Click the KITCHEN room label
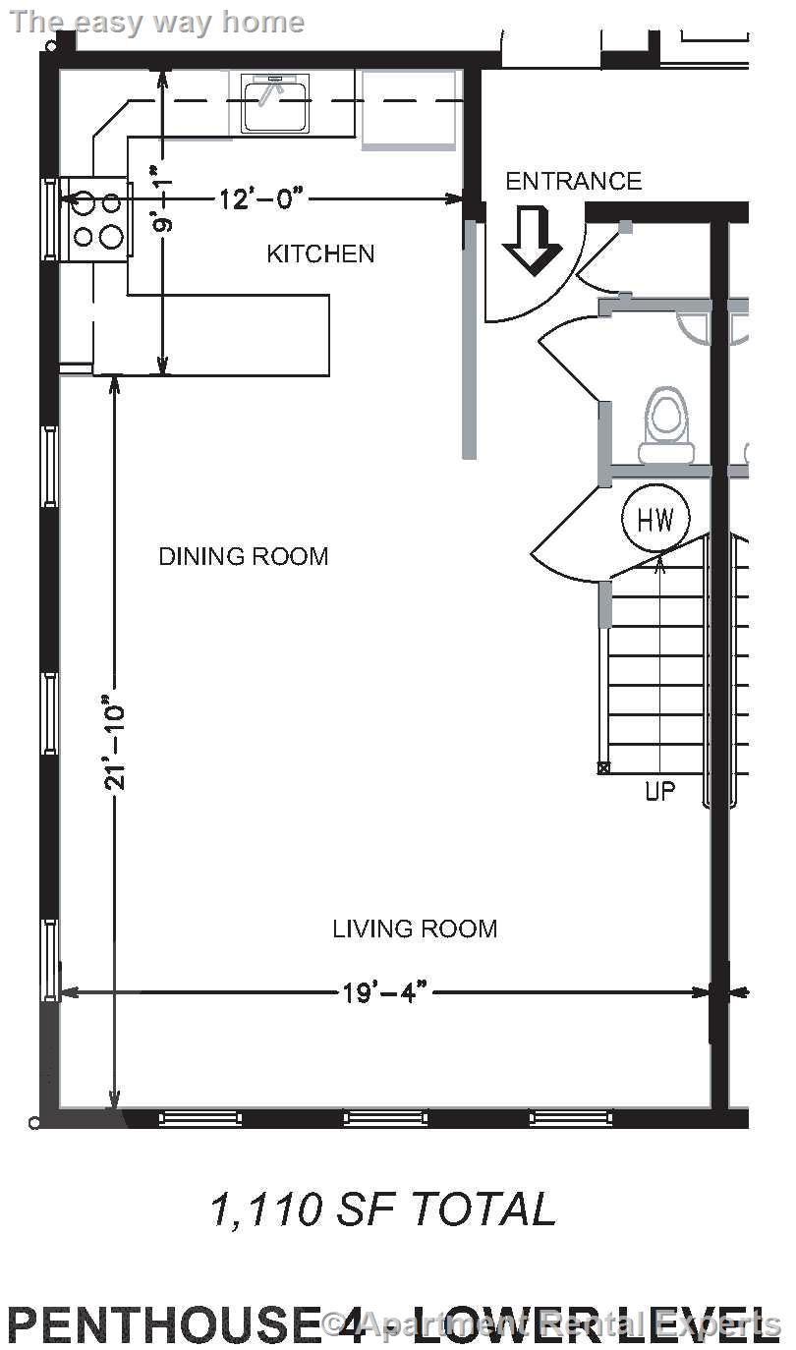pyautogui.click(x=320, y=253)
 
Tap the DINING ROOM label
pyautogui.click(x=244, y=556)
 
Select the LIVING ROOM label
pyautogui.click(x=415, y=928)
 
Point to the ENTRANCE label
pyautogui.click(x=574, y=182)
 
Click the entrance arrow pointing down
pyautogui.click(x=533, y=241)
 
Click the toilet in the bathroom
pyautogui.click(x=666, y=424)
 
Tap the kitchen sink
pyautogui.click(x=275, y=103)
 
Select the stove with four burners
pyautogui.click(x=95, y=219)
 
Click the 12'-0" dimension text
pyautogui.click(x=260, y=198)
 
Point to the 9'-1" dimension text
pyautogui.click(x=161, y=205)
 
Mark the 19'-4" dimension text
pyautogui.click(x=384, y=992)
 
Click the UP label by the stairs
pyautogui.click(x=659, y=791)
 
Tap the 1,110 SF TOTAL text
pyautogui.click(x=383, y=1209)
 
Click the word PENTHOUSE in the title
pyautogui.click(x=164, y=1324)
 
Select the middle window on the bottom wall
pyautogui.click(x=385, y=1118)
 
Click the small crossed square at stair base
pyautogui.click(x=603, y=767)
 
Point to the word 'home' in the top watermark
pyautogui.click(x=262, y=23)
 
